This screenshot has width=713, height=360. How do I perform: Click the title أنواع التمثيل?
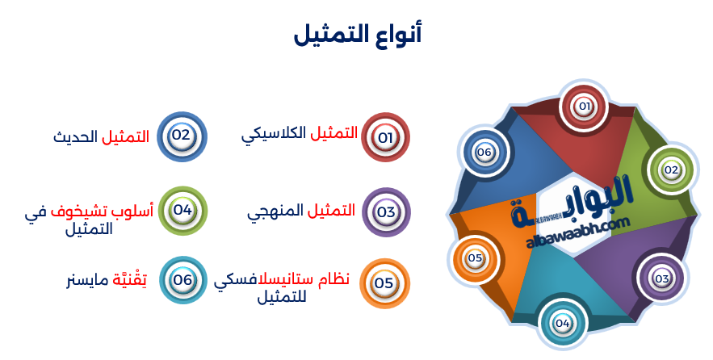(357, 34)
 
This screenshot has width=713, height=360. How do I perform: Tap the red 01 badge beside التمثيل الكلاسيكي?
(385, 137)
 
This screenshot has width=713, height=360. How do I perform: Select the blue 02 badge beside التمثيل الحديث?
(181, 136)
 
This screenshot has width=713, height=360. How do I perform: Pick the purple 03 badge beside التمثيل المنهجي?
(386, 212)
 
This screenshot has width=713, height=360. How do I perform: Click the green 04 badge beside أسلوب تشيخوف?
(182, 211)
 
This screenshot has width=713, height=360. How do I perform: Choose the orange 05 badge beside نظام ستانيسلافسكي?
(384, 283)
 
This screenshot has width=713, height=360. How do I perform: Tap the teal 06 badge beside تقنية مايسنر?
(183, 279)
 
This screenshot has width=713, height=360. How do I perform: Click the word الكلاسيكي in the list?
(275, 135)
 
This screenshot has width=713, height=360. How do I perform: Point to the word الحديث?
(76, 136)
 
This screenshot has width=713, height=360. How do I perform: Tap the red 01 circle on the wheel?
(584, 106)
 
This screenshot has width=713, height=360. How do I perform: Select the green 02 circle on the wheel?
(671, 170)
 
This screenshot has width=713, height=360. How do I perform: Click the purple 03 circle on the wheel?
(662, 278)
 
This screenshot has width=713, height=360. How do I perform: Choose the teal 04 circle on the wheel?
(562, 324)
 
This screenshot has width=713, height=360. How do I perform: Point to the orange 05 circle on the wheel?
(475, 258)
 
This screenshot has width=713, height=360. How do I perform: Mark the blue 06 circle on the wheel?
(484, 152)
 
